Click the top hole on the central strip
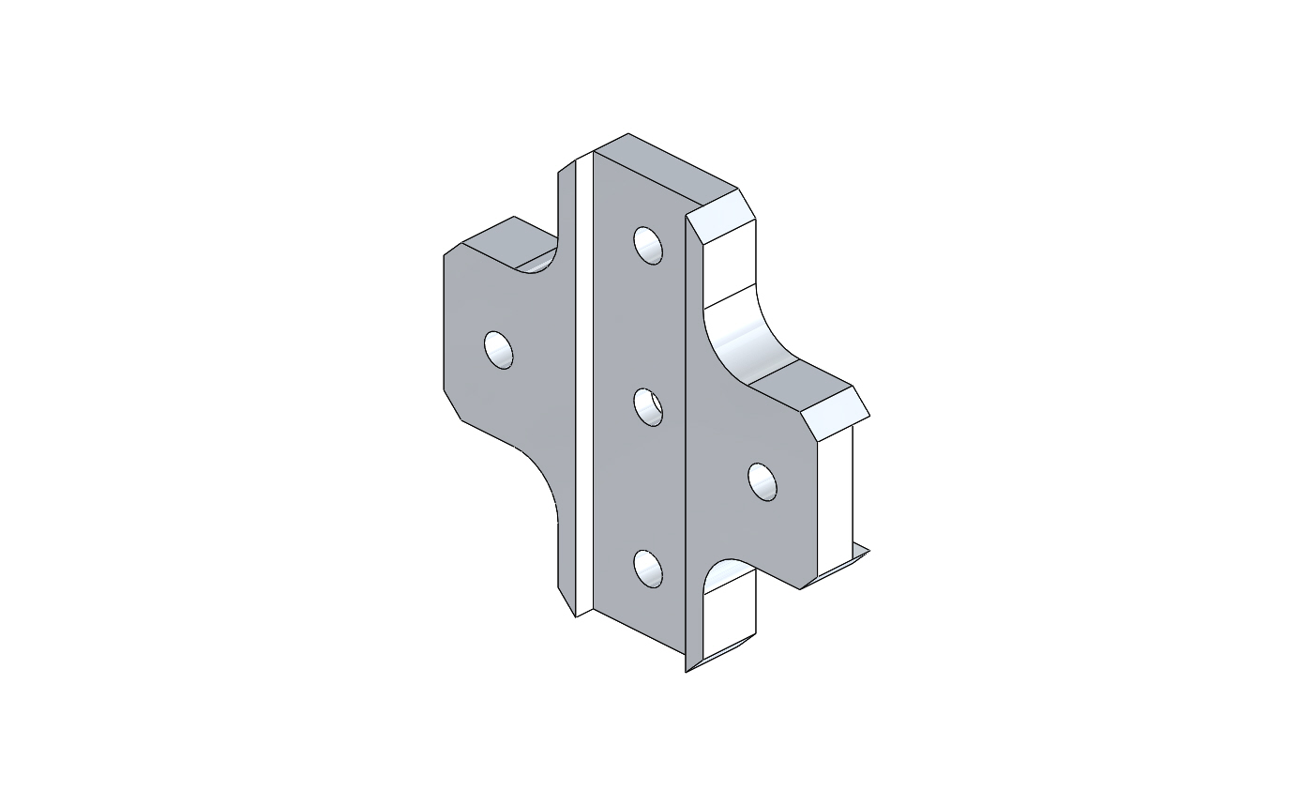pos(648,245)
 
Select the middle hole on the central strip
pos(648,408)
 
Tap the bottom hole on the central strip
pos(648,569)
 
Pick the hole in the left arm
pos(499,349)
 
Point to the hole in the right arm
pos(763,481)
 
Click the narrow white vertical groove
pos(583,385)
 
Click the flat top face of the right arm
pos(797,384)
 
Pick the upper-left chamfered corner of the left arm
pos(452,249)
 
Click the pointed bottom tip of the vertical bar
pos(688,668)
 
